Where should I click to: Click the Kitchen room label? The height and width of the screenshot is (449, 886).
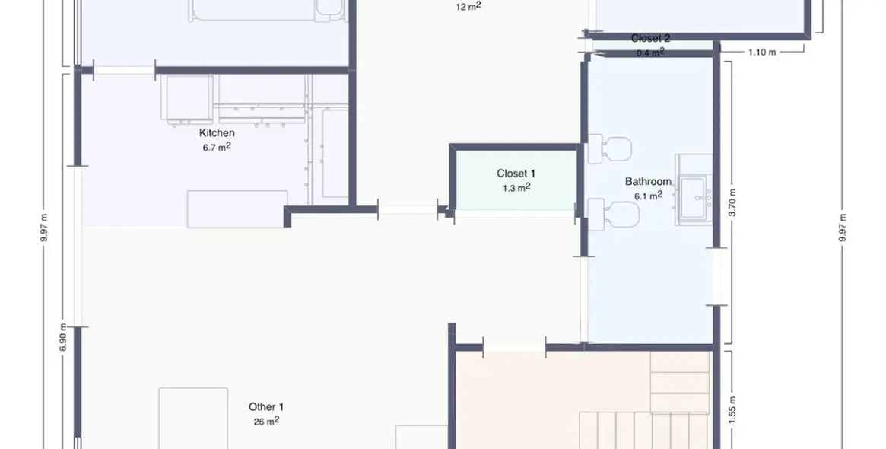pos(217,133)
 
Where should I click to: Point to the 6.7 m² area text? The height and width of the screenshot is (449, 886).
pos(217,147)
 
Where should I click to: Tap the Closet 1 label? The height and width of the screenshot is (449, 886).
pos(516,174)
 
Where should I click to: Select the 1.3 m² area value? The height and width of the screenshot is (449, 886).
pos(516,187)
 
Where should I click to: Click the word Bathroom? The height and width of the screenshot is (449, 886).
pos(648,182)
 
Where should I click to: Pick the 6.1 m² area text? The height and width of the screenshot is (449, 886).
pos(648,196)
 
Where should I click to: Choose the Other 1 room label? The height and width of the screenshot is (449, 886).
pos(266,406)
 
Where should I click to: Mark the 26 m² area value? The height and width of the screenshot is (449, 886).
pos(266,421)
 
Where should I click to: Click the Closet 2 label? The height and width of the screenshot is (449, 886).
pos(650,39)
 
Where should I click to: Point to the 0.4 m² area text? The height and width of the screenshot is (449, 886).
pos(650,53)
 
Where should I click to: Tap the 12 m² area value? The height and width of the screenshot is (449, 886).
pos(468,7)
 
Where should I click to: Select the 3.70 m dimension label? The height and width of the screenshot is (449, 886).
pos(732,202)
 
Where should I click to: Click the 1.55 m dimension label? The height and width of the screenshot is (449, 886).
pos(732,410)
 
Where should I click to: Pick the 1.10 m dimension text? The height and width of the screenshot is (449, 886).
pos(762,52)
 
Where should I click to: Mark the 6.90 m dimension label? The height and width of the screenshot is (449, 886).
pos(63,337)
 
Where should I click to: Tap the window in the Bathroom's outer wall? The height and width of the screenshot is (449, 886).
pos(716,277)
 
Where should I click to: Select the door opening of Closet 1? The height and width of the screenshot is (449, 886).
pos(515,213)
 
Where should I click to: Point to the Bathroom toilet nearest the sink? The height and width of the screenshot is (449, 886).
pos(614,215)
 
